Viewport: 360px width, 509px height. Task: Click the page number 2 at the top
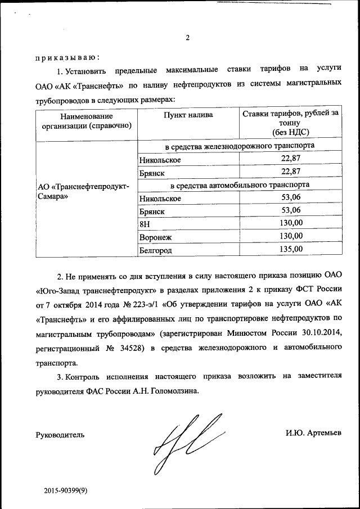coord(187,38)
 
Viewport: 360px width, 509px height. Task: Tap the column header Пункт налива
coord(188,115)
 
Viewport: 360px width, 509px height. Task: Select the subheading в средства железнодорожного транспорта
coord(239,146)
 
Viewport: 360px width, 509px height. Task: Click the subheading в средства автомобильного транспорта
coord(239,184)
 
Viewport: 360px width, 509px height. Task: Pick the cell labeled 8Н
coord(145,224)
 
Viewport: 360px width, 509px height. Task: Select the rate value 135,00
coord(291,249)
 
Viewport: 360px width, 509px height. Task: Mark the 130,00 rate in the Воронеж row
coord(291,236)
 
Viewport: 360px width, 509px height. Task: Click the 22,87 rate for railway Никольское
coord(291,159)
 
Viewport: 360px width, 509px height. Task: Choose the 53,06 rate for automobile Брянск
coord(291,210)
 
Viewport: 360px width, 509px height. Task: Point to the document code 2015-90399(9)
coord(66,491)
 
